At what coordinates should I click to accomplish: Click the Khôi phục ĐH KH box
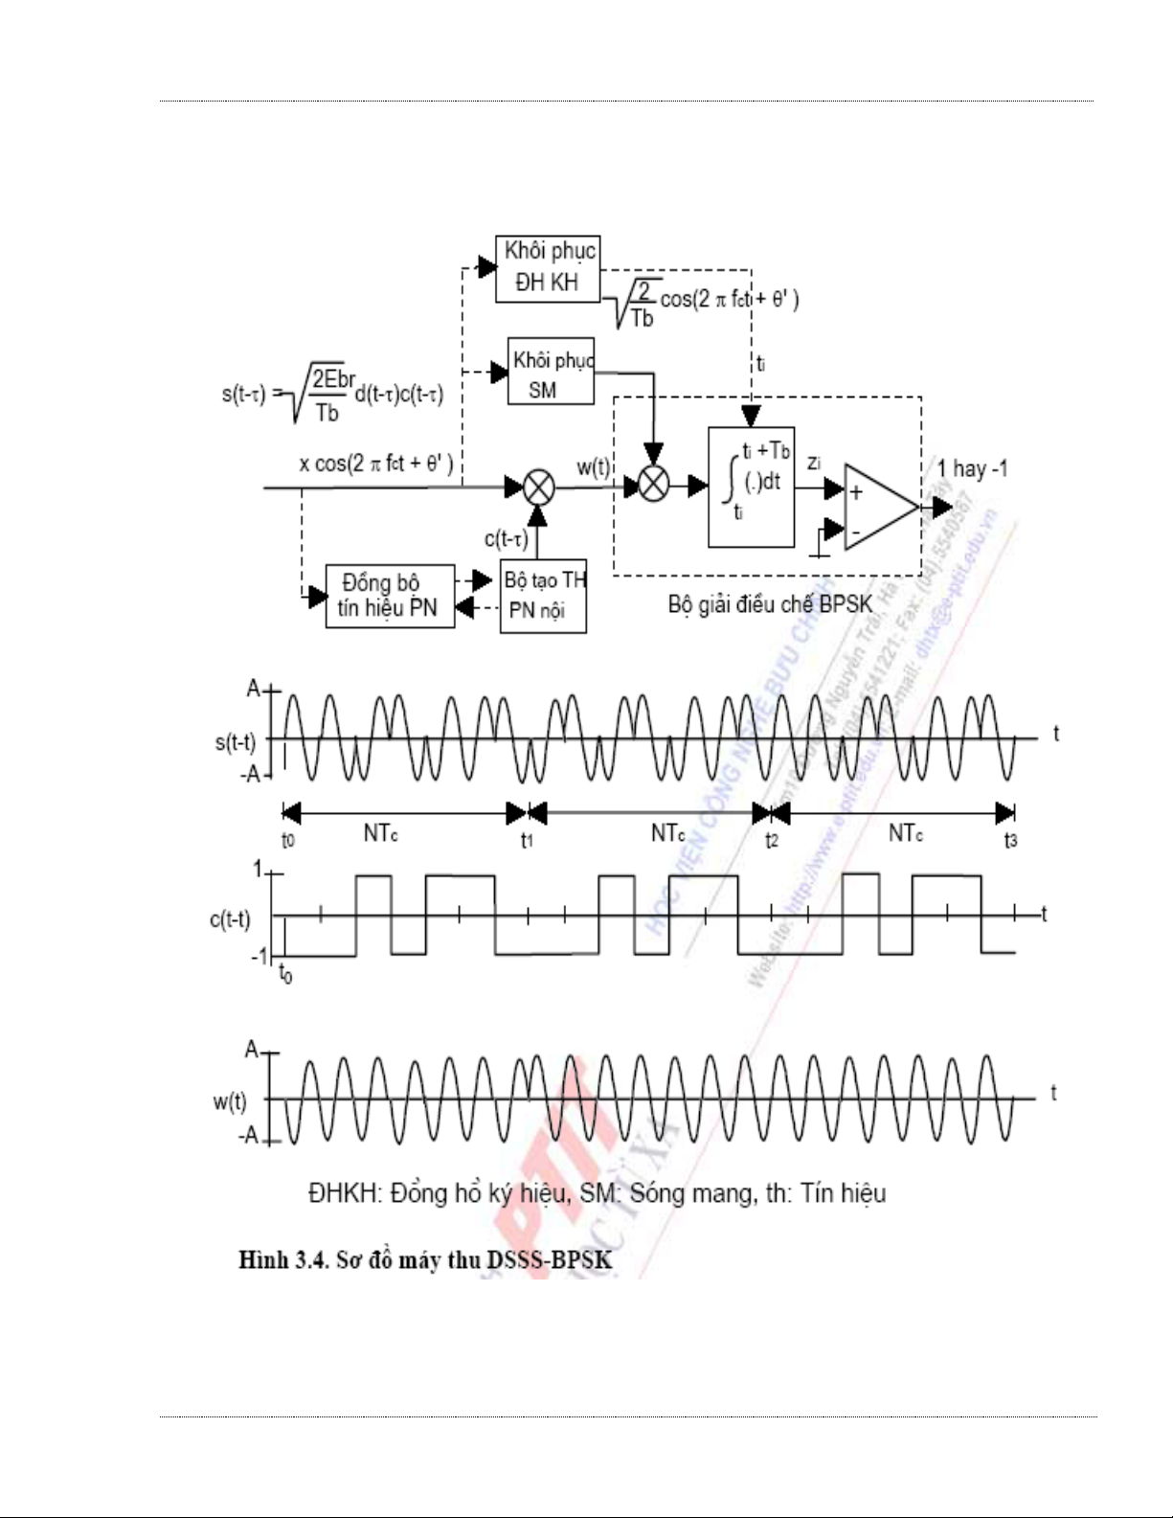tap(548, 268)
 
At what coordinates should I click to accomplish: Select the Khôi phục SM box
tap(551, 372)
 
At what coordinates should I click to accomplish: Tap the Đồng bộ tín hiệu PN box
tap(389, 596)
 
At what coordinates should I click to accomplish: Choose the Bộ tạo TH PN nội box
tap(544, 596)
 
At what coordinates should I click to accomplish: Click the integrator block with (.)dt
tap(752, 487)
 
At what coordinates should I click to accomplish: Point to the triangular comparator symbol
tap(879, 509)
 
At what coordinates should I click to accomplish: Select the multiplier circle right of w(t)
tap(653, 487)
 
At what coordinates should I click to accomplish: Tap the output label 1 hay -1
tap(971, 469)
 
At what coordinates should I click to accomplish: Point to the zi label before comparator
tap(814, 464)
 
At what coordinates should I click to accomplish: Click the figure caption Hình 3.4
tap(425, 1259)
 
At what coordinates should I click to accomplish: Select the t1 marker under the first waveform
tap(527, 841)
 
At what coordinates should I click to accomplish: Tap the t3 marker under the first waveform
tap(1010, 841)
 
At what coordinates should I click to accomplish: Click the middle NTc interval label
tap(667, 833)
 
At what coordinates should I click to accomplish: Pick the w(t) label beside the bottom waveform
tap(230, 1101)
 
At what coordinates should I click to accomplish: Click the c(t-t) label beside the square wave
tap(230, 919)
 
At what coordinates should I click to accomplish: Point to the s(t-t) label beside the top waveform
tap(235, 741)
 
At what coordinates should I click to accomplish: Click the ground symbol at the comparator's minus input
tap(814, 551)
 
